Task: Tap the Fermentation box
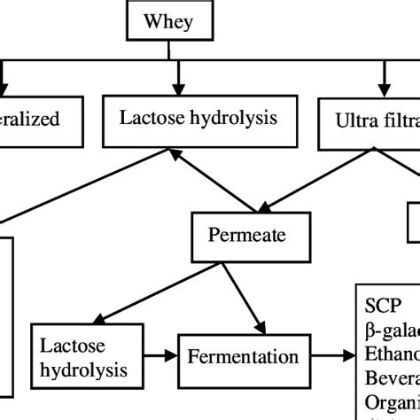243,358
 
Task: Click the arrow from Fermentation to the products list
331,358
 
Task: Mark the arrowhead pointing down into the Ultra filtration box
387,89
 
